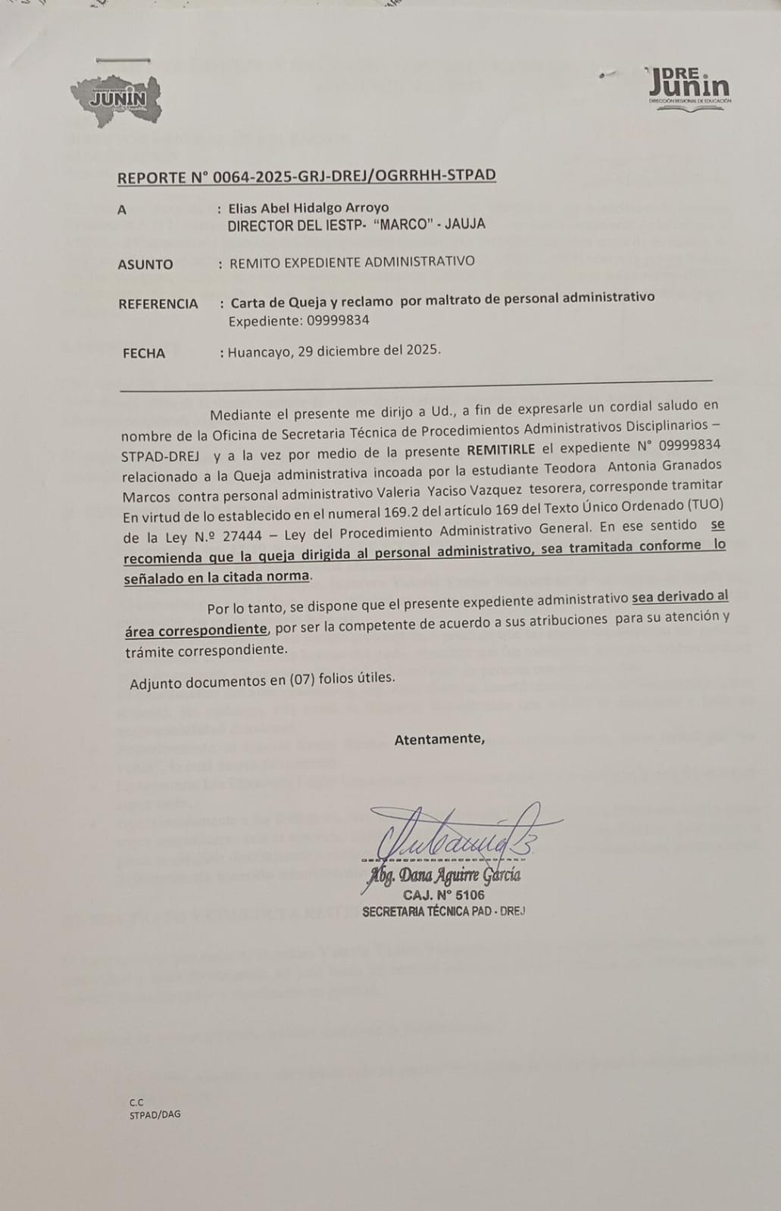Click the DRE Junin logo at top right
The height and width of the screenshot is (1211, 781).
point(689,88)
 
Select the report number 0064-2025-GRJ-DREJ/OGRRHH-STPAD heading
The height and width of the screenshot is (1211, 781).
point(306,176)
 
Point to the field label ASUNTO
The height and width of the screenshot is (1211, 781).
point(145,264)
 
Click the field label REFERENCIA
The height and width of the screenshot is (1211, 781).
point(158,304)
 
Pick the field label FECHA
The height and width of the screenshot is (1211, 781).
point(144,353)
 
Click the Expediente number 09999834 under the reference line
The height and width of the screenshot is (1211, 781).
point(338,320)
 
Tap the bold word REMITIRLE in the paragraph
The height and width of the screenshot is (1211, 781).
point(501,448)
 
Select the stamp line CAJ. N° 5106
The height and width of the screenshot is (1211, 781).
point(444,895)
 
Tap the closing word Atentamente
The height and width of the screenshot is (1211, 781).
point(439,739)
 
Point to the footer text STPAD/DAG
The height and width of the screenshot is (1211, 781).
point(155,1114)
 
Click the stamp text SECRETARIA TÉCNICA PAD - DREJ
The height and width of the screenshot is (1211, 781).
point(443,911)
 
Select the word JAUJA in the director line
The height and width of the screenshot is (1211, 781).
point(464,224)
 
